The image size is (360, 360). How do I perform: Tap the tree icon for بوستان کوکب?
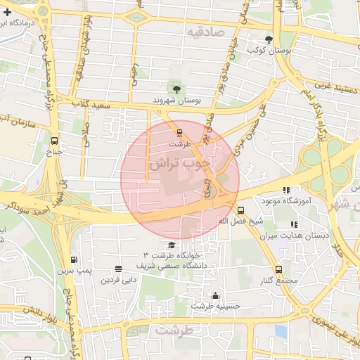pyautogui.click(x=268, y=39)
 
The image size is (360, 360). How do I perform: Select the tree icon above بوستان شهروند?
pyautogui.click(x=176, y=89)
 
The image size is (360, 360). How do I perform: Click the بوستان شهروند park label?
pyautogui.click(x=177, y=101)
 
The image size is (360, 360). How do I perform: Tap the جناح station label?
pyautogui.click(x=55, y=151)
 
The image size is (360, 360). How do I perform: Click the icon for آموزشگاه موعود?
pyautogui.click(x=285, y=190)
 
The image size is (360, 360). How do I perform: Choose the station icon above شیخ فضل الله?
pyautogui.click(x=240, y=210)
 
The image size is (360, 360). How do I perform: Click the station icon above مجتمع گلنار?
pyautogui.click(x=278, y=269)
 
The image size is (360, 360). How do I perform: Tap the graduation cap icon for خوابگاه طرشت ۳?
pyautogui.click(x=172, y=244)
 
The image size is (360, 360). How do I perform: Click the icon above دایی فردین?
pyautogui.click(x=117, y=269)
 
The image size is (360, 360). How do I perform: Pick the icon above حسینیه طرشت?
pyautogui.click(x=215, y=295)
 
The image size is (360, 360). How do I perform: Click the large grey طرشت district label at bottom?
pyautogui.click(x=173, y=329)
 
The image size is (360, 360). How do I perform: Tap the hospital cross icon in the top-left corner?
pyautogui.click(x=6, y=12)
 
